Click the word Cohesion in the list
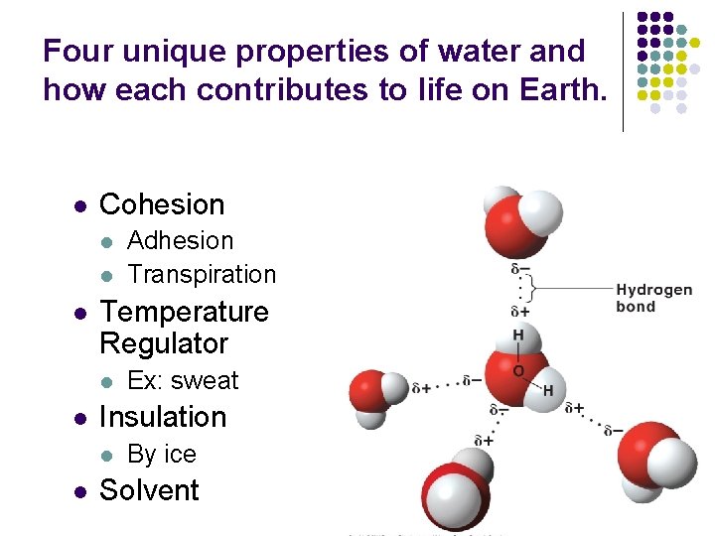pos(162,204)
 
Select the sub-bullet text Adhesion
pos(181,241)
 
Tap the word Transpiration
pos(202,274)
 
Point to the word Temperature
pos(184,312)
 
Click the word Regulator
pos(164,343)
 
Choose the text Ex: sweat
pos(183,381)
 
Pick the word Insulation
pos(163,417)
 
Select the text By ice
pos(162,455)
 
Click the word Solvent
pos(149,490)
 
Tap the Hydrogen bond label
pos(653,298)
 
